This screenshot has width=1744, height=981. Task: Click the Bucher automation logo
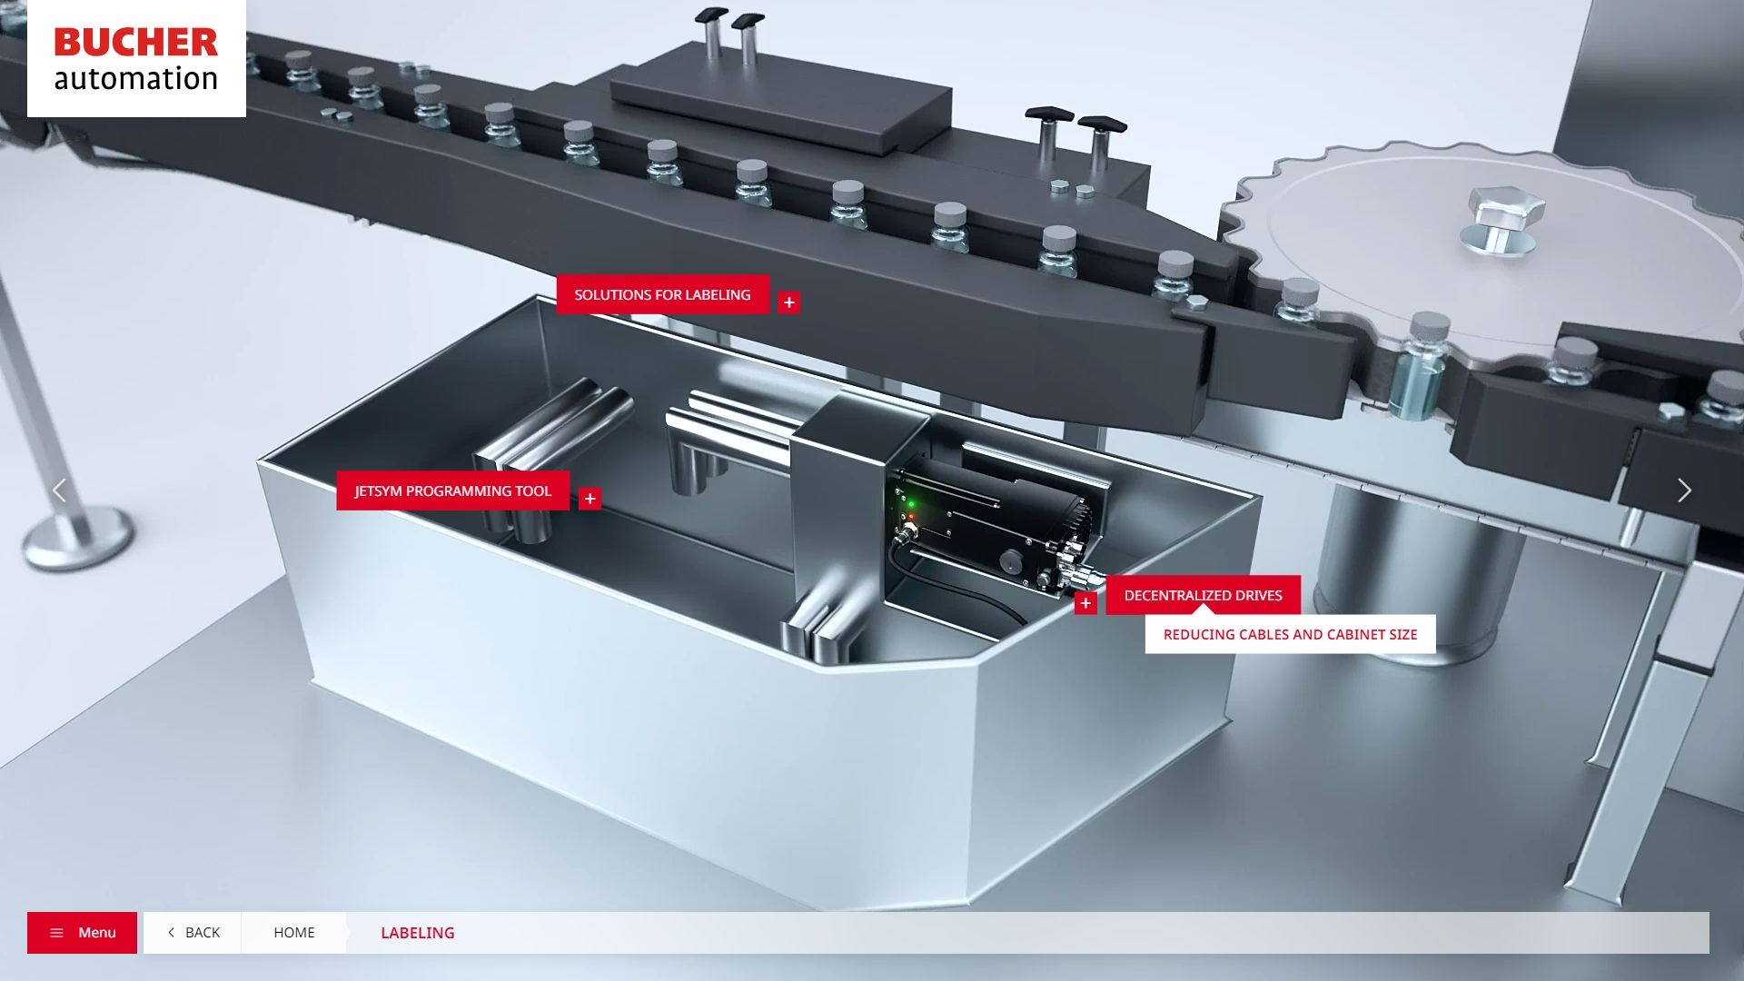[136, 58]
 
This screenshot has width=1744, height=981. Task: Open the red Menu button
[82, 933]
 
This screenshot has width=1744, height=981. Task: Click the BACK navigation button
[193, 933]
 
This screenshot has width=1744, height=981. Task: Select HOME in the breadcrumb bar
[294, 933]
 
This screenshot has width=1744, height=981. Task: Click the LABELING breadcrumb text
[418, 933]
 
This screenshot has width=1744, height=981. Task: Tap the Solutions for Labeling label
[663, 295]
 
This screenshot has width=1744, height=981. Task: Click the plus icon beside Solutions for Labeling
[789, 302]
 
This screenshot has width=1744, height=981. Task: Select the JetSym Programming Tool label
[453, 490]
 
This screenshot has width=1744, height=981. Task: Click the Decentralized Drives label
[1204, 595]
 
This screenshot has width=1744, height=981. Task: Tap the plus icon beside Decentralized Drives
[1085, 603]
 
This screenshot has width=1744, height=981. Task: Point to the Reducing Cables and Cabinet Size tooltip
[1291, 634]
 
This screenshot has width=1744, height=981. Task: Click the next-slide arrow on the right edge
[1685, 490]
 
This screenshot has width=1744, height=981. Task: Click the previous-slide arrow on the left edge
[59, 490]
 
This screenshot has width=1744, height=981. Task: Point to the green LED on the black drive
[911, 503]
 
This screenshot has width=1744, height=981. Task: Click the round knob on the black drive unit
[1010, 560]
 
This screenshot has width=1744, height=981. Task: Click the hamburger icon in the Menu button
[56, 933]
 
